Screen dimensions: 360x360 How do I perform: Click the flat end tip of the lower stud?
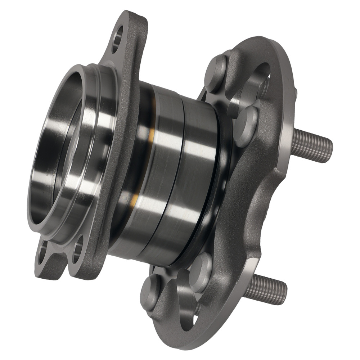(284, 293)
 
